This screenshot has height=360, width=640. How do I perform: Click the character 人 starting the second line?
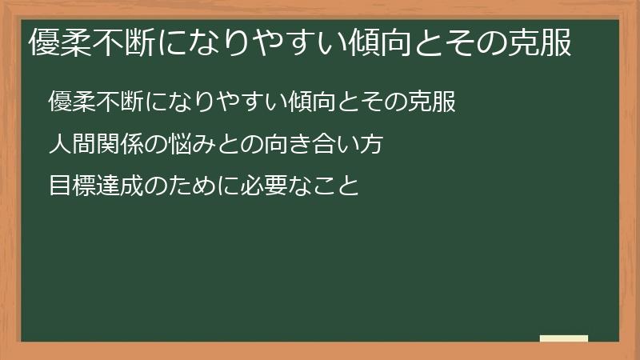click(60, 145)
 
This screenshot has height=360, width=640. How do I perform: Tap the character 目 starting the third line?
click(60, 187)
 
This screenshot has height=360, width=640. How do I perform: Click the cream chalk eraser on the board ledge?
click(564, 338)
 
